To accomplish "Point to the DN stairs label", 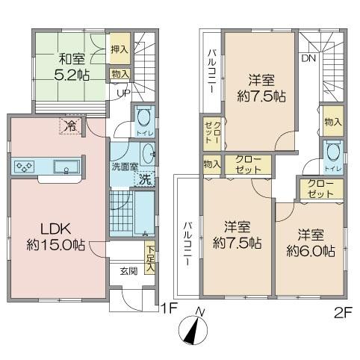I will (308, 58).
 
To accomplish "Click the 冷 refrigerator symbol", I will (69, 126).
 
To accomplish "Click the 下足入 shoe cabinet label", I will (150, 258).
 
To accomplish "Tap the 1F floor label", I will (167, 307).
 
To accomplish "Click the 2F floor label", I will (343, 311).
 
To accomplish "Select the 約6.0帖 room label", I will (309, 241).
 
